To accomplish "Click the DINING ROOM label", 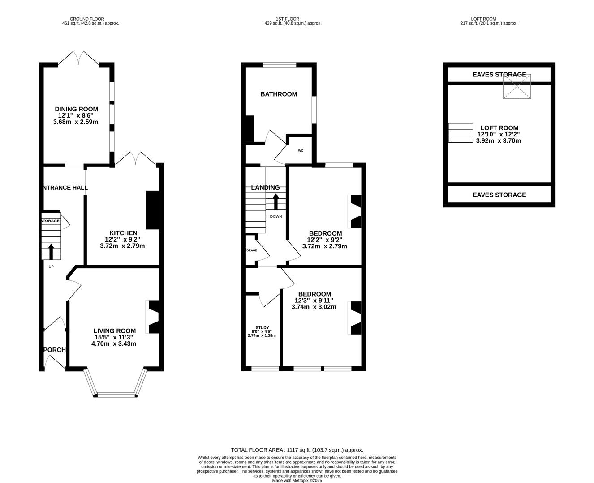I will point(76,109).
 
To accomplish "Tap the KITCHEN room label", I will point(123,233).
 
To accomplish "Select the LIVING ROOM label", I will point(114,331).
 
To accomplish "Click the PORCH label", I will point(55,350).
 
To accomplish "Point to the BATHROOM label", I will point(279,94).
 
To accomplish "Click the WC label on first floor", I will point(301,150).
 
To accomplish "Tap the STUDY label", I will point(262,328).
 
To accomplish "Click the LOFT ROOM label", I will point(499,128).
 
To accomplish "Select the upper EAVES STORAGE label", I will point(499,75).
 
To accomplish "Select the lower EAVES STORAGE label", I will point(499,195).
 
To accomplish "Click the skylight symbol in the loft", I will point(517,86).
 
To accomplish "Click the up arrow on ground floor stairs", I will point(51,251).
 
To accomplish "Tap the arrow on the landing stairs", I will point(276,201).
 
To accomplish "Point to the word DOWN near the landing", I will point(276,216).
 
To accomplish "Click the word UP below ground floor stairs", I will point(51,267).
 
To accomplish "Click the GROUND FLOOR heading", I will point(90,19).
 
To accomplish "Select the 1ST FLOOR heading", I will point(288,19).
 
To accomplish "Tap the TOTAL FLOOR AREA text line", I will point(297,450).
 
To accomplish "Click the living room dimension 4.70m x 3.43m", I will point(114,343).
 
